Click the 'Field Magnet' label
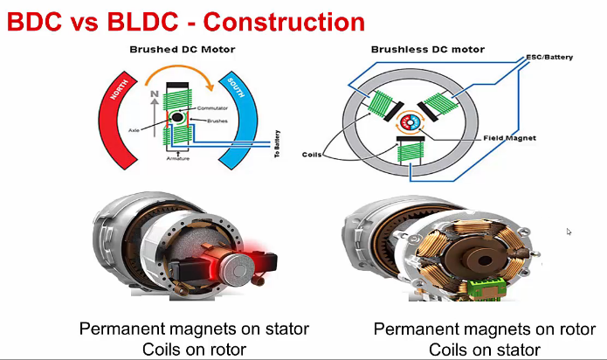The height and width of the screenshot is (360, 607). (x=511, y=138)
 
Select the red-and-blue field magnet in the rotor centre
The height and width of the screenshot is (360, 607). (x=410, y=120)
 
